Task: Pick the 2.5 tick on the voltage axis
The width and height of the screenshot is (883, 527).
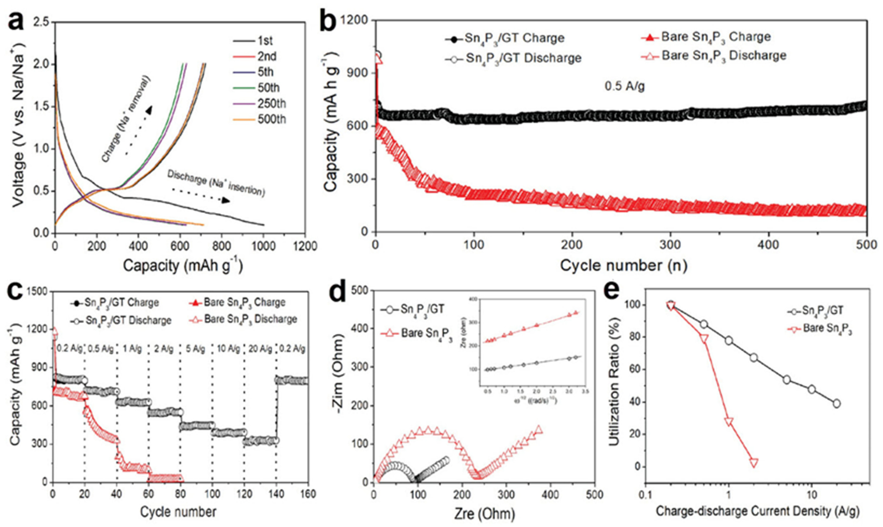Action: click(x=42, y=22)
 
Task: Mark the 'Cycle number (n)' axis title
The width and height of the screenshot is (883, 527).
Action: click(x=623, y=266)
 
